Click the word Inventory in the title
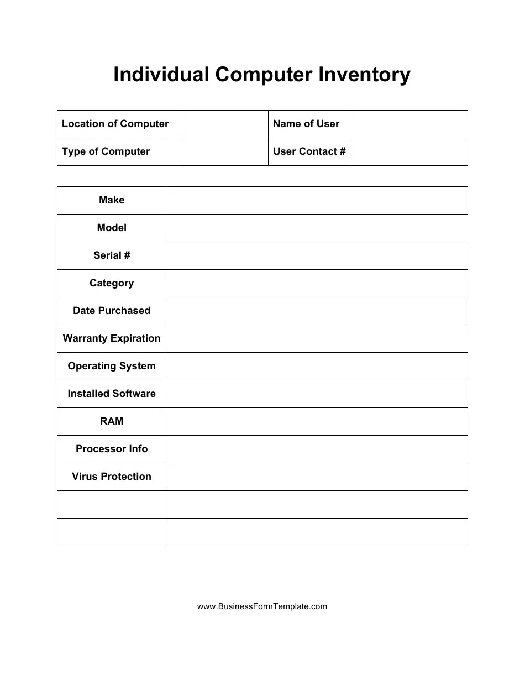tap(364, 75)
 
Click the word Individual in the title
tap(161, 75)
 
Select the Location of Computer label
tap(115, 124)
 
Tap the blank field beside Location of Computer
tap(225, 124)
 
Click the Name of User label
tap(306, 124)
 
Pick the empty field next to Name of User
tap(409, 124)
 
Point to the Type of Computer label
tap(106, 151)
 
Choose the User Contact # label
tap(309, 151)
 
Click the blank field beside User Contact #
tap(409, 151)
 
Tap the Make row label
tap(112, 200)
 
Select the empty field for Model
tap(317, 228)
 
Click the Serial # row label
tap(112, 255)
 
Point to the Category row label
tap(112, 283)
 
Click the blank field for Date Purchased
tap(317, 311)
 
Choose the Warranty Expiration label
tap(112, 338)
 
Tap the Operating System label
tap(112, 366)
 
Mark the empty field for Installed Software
tap(317, 394)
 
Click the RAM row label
tap(112, 421)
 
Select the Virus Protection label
tap(112, 477)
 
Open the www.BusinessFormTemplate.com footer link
tap(262, 606)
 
